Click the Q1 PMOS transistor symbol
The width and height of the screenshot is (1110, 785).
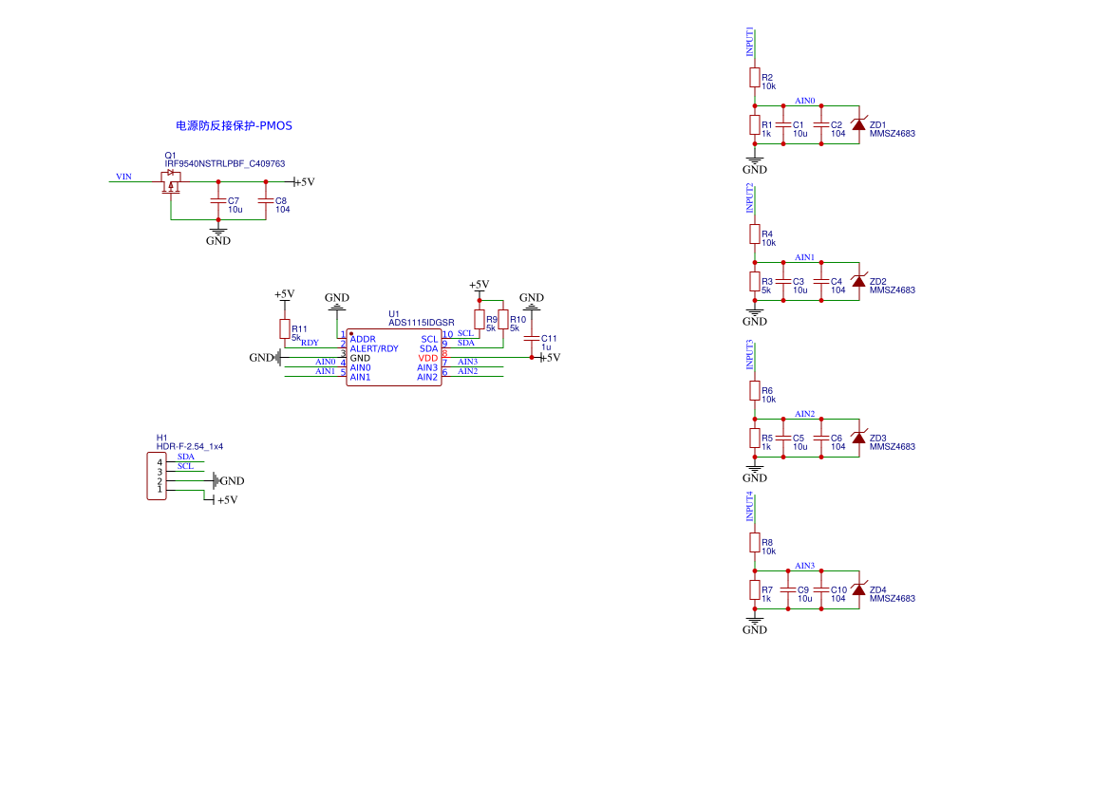171,180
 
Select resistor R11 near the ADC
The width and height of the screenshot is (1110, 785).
285,328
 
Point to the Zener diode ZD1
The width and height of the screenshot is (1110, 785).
858,124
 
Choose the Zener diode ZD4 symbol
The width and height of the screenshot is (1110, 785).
858,589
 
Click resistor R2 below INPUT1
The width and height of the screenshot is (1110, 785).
755,77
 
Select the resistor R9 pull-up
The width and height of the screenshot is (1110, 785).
480,319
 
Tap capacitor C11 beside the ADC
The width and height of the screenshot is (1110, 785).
532,338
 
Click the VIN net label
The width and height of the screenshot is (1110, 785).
123,177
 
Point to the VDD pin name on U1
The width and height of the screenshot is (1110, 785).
428,358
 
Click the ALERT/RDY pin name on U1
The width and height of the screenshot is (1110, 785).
374,348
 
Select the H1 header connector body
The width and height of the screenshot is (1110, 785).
155,477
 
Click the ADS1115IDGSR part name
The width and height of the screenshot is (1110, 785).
422,323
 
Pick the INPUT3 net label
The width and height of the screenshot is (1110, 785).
750,354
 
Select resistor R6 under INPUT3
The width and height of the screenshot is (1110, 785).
755,390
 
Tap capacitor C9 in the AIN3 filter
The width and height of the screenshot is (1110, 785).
788,589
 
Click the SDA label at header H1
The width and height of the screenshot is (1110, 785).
186,457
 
